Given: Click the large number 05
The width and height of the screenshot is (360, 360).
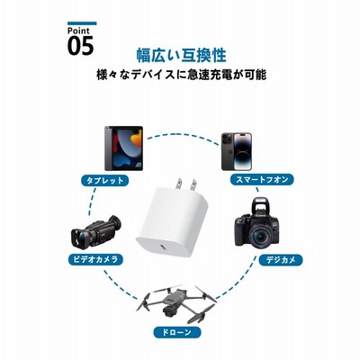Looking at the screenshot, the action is click(80, 46).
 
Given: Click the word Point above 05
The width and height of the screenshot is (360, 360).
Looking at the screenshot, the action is click(78, 31).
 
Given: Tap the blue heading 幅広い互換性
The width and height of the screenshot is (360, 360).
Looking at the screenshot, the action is click(181, 55).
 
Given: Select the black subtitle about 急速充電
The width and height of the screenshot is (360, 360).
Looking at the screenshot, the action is click(181, 75).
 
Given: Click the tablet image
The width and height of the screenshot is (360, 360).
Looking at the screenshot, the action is click(123, 148).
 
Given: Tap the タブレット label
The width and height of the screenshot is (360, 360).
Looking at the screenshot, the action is click(105, 181).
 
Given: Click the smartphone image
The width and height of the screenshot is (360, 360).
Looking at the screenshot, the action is click(237, 151).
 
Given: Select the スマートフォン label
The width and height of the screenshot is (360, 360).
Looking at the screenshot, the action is click(262, 180).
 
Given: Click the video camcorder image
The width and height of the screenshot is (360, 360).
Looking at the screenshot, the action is click(96, 230).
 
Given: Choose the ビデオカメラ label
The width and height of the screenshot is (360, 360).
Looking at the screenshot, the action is click(95, 259).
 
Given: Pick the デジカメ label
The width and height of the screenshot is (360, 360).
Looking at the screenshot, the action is click(281, 260).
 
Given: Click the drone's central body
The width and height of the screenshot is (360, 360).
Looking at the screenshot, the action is click(174, 300).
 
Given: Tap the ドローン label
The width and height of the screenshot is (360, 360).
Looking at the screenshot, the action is click(177, 332).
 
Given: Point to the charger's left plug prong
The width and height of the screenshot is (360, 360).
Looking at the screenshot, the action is click(179, 184).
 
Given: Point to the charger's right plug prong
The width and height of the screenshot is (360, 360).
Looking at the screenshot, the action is click(193, 184).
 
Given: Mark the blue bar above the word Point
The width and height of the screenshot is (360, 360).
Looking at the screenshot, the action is click(82, 23).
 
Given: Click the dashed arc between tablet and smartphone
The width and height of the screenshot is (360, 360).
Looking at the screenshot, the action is click(183, 134).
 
